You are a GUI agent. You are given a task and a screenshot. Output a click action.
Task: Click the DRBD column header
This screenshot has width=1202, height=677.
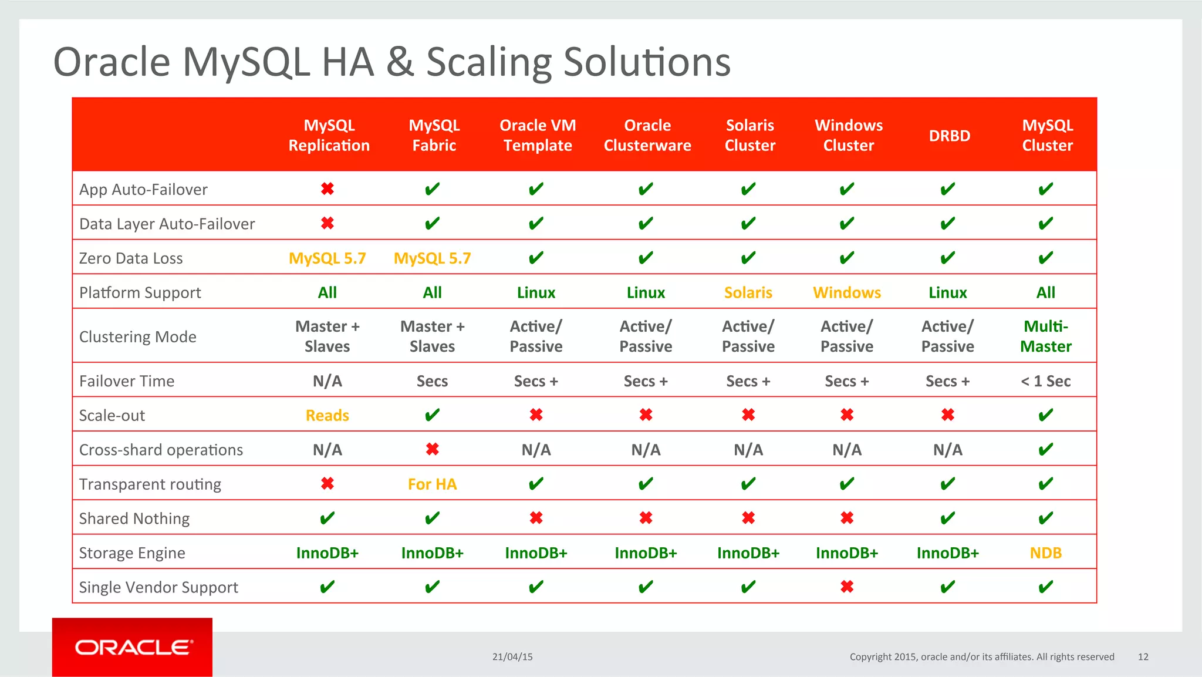click(949, 136)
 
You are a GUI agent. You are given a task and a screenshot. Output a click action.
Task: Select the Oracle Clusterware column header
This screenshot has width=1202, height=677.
click(647, 136)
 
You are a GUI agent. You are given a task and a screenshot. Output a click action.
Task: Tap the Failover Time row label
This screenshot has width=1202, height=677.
click(127, 381)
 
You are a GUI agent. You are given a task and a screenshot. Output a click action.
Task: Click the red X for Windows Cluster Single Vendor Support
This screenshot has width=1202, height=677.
click(847, 587)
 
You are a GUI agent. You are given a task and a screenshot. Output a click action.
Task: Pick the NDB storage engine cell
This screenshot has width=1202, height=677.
click(1045, 553)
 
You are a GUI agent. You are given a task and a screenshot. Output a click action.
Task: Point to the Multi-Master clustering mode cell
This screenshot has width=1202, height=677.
click(1046, 336)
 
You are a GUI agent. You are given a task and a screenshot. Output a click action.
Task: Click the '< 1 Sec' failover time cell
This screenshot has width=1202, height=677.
click(1045, 381)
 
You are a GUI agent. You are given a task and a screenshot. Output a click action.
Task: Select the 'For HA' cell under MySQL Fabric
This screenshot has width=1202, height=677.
click(432, 484)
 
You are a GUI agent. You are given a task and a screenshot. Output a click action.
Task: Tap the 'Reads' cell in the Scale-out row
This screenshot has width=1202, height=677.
click(327, 416)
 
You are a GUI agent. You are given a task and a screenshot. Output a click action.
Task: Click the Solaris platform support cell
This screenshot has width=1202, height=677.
click(748, 292)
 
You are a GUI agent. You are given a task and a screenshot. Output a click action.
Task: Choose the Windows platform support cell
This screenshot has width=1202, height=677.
click(847, 292)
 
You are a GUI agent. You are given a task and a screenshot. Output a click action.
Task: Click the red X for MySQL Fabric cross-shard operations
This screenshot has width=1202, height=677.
click(433, 449)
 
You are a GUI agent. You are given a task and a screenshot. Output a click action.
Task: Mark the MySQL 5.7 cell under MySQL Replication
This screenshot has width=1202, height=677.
click(327, 258)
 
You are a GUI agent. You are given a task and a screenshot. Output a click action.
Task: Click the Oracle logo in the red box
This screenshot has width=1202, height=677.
click(133, 647)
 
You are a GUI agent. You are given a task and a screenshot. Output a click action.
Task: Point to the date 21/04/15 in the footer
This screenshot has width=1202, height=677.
click(512, 657)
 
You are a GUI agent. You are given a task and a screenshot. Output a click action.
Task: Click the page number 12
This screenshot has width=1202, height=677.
click(1143, 657)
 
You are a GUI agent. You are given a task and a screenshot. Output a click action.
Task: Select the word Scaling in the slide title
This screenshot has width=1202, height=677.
click(488, 62)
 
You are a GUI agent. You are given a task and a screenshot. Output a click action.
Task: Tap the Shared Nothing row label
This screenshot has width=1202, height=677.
click(134, 518)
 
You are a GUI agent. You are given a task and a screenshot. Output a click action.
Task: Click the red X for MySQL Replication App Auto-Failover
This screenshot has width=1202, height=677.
click(327, 188)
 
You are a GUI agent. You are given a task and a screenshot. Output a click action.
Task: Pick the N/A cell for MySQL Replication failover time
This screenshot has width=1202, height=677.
click(327, 381)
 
